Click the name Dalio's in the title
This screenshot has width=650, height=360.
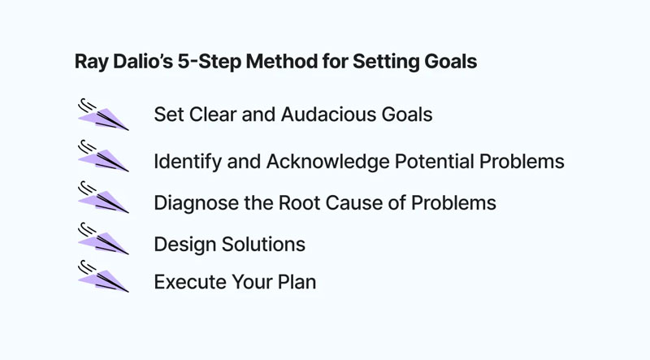point(143,62)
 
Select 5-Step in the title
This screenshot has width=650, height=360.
point(210,62)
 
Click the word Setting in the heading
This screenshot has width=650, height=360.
point(386,62)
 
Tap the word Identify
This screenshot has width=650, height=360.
point(188,162)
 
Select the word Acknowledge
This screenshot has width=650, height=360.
point(328,162)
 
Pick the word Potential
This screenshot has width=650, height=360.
point(435,161)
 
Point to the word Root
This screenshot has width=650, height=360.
point(299,203)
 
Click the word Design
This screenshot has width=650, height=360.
point(185,245)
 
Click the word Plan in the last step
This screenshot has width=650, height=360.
point(297,282)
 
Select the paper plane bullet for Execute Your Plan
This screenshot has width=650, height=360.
point(103,276)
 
